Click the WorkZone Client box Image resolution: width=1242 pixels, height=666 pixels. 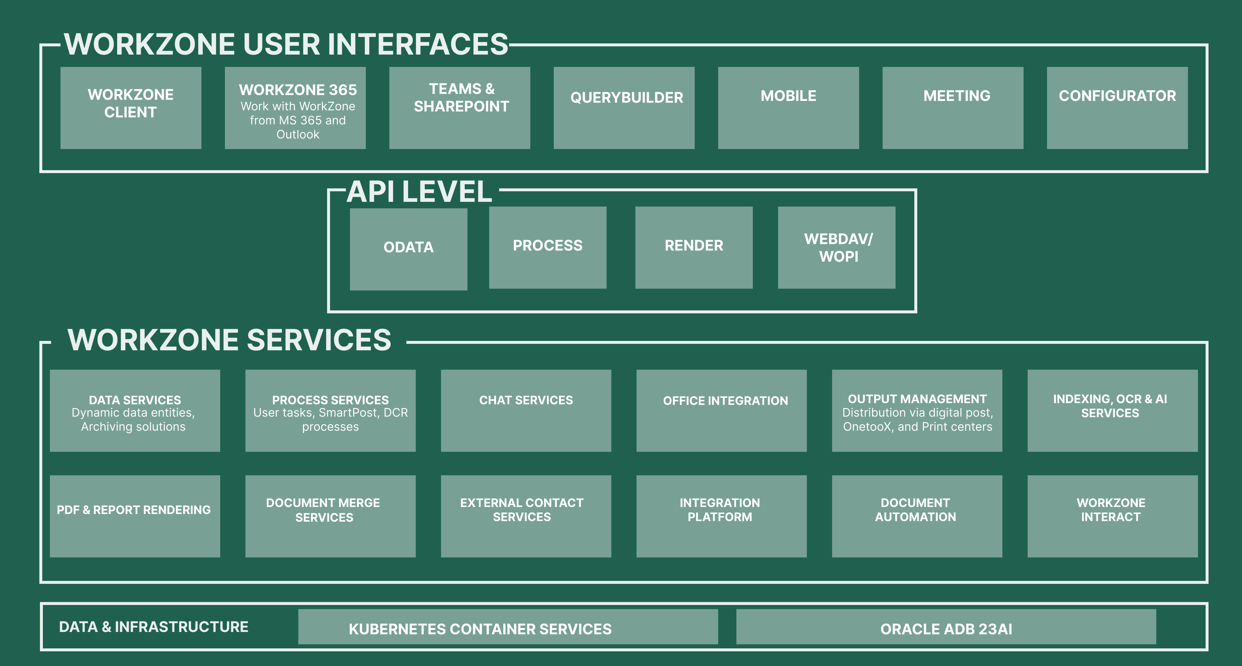coord(131,108)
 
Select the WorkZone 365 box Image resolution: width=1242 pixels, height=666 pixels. coord(295,108)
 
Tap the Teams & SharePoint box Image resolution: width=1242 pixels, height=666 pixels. coord(460,108)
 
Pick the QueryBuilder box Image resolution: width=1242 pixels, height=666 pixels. coord(624,108)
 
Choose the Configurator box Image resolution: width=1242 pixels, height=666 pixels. coord(1117,108)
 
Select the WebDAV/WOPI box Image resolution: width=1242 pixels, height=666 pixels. coord(837,248)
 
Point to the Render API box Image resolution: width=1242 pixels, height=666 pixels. coord(694,248)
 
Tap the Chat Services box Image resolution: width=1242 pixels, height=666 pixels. coord(526,410)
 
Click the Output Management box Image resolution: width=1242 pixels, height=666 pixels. coord(917,410)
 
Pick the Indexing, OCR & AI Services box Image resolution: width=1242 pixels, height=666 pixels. coord(1112,410)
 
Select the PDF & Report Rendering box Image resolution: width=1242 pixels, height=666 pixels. coord(135,516)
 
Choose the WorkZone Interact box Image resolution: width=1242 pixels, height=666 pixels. coord(1112,516)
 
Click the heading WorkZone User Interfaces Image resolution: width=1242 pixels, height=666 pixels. coord(286,44)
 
